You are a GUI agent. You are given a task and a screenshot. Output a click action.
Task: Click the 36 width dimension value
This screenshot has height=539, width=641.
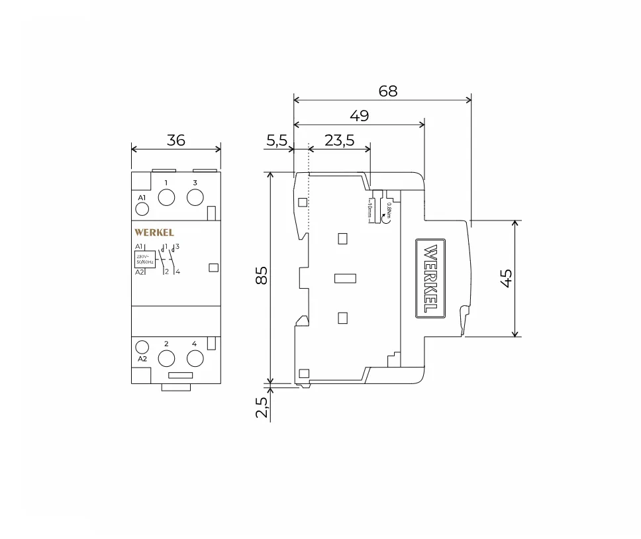click(176, 140)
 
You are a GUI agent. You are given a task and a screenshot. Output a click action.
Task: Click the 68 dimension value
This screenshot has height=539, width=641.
click(388, 91)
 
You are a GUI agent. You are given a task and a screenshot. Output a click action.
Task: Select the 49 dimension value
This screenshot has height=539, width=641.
click(360, 116)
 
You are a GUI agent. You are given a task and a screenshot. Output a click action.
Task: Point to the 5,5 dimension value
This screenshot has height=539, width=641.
click(277, 140)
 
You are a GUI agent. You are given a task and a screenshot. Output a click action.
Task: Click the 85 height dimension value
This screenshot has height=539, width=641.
click(262, 275)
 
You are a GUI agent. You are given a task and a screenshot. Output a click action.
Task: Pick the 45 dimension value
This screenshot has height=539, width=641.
click(507, 278)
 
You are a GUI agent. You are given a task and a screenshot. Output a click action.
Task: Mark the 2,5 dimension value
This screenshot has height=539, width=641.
click(262, 407)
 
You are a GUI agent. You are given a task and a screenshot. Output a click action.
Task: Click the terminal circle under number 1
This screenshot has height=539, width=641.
click(166, 197)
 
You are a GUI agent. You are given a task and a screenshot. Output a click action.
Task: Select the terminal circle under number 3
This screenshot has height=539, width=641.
click(195, 197)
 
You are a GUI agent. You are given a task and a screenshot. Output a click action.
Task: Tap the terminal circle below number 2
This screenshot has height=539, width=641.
click(166, 358)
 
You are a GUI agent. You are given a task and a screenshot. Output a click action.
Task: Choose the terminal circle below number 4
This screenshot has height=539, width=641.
click(194, 358)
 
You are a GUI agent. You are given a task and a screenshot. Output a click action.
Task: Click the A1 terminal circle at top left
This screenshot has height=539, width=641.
click(142, 210)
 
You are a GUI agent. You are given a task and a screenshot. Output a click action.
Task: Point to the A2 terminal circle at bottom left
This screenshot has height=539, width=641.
click(142, 346)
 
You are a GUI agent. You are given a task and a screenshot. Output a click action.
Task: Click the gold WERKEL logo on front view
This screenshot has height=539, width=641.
click(154, 232)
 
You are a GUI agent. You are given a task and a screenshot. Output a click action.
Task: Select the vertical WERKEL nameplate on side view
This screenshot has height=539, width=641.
click(430, 278)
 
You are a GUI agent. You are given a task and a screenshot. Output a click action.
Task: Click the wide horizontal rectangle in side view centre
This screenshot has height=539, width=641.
click(346, 278)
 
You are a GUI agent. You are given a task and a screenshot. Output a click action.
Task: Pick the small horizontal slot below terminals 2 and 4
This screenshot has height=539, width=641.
click(180, 375)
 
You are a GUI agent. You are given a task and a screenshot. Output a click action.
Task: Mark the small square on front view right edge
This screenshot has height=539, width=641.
click(213, 268)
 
